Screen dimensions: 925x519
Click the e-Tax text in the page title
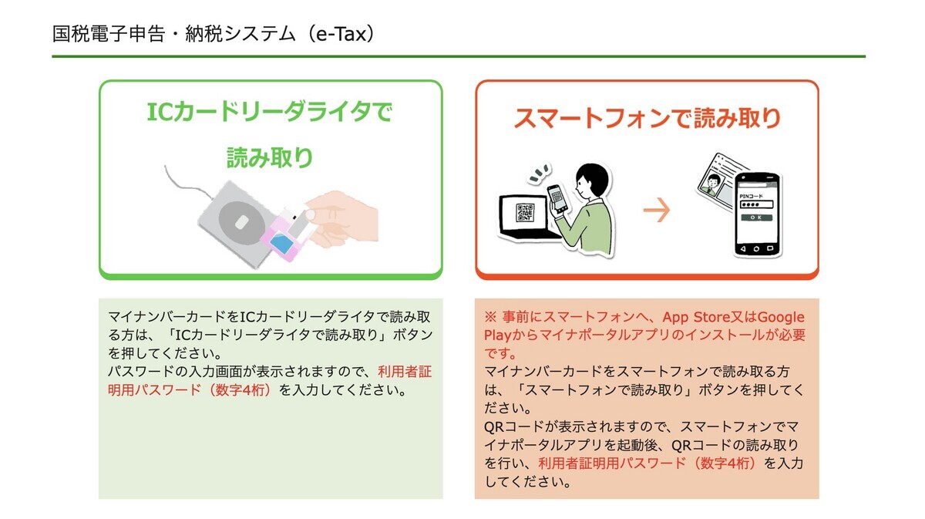click(x=341, y=34)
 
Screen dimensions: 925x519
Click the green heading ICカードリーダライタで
click(x=270, y=112)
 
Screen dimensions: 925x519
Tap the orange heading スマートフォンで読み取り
click(x=647, y=118)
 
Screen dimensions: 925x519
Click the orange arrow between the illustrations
click(x=657, y=210)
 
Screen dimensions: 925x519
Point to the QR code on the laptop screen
click(x=525, y=212)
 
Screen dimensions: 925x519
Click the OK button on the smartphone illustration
click(x=756, y=217)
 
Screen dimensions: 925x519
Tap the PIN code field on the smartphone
click(x=756, y=204)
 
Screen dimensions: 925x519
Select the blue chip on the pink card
click(x=281, y=244)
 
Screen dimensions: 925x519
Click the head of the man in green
click(x=592, y=181)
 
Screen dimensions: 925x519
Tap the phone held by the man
click(x=557, y=199)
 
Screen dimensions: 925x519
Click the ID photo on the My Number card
click(x=712, y=184)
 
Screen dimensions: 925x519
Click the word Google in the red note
click(x=781, y=317)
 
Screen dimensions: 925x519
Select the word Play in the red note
click(x=498, y=335)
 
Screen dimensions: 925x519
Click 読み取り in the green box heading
click(x=270, y=157)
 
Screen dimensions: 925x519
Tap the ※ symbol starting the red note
click(x=490, y=317)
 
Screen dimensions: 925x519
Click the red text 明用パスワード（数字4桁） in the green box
click(x=189, y=389)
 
